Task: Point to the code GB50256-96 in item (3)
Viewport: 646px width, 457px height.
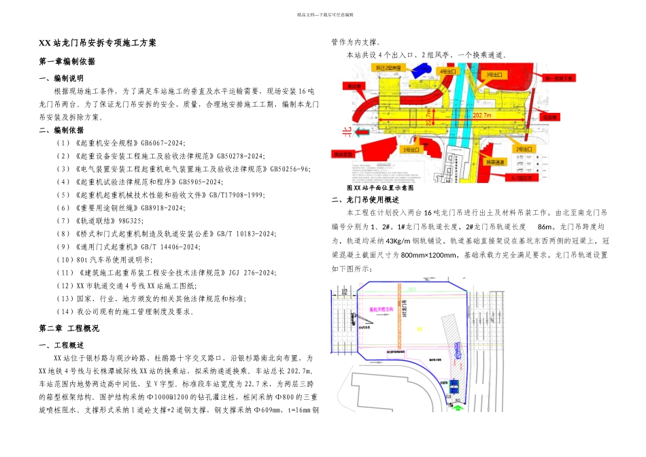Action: (x=290, y=169)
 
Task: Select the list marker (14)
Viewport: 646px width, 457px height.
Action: (x=65, y=312)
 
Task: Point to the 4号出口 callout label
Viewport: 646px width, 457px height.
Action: (x=448, y=71)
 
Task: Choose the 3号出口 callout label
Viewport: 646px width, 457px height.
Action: (x=494, y=74)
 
